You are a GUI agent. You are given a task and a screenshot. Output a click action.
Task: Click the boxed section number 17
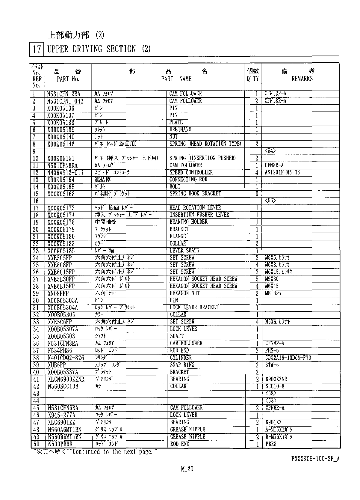click(x=37, y=49)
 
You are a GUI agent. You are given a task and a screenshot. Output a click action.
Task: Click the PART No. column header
click(x=68, y=79)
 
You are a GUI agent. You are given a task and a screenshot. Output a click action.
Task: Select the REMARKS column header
click(x=302, y=79)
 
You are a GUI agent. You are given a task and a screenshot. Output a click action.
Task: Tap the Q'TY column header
click(x=253, y=79)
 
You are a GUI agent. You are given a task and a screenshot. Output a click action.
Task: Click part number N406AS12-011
click(x=65, y=173)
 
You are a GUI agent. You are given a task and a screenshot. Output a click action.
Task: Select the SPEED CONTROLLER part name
click(x=191, y=172)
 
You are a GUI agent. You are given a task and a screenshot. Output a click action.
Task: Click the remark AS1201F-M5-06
click(x=282, y=172)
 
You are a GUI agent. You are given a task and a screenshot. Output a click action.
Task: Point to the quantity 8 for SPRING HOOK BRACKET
click(x=257, y=194)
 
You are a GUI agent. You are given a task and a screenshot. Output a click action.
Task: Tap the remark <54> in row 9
click(x=270, y=151)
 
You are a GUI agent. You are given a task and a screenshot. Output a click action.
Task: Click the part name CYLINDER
click(x=181, y=358)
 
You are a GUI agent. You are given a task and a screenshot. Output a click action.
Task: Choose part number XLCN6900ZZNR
click(x=66, y=379)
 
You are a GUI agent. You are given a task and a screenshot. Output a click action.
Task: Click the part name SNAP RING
click(x=182, y=365)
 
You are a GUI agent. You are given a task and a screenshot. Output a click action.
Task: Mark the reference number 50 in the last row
click(x=36, y=444)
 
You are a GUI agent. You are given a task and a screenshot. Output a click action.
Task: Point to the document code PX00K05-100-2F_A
click(x=315, y=459)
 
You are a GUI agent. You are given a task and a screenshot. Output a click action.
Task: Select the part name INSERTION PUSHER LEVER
click(x=199, y=215)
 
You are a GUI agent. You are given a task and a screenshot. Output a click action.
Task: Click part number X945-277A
click(x=61, y=415)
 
